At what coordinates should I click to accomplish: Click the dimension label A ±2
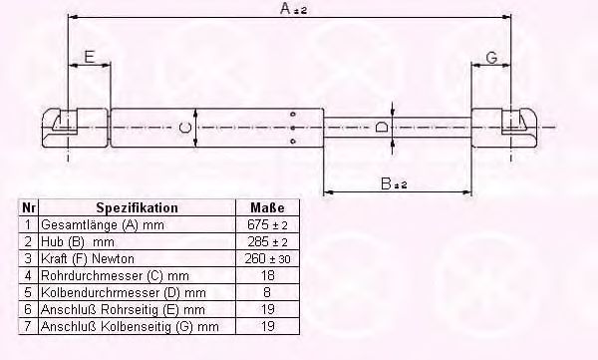coord(296,9)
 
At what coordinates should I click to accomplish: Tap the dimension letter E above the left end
coord(90,57)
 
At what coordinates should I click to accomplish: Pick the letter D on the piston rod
coord(384,128)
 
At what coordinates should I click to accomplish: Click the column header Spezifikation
coord(138,208)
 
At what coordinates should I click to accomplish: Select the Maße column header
coord(267,208)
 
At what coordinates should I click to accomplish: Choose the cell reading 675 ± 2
coord(267,225)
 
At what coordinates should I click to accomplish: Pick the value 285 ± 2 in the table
coord(267,242)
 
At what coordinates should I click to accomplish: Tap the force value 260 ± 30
coord(267,259)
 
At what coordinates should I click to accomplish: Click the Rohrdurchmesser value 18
coord(267,275)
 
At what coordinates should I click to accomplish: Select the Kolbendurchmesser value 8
coord(267,292)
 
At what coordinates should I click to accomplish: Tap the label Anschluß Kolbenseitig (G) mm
coord(129,326)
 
